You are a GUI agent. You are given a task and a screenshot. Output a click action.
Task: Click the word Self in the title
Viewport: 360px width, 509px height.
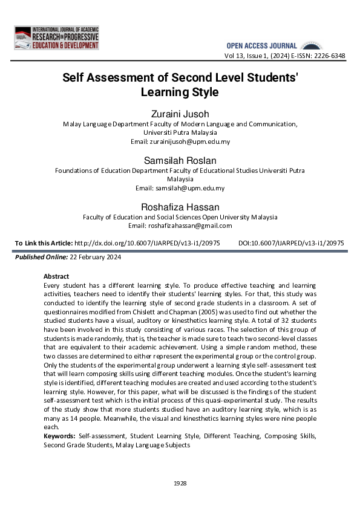75,79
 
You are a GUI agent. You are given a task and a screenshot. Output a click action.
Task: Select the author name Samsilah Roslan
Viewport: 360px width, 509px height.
180,160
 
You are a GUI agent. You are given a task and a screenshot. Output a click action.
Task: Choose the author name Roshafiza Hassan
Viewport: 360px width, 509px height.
180,206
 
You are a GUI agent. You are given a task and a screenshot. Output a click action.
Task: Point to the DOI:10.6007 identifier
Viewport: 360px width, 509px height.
292,243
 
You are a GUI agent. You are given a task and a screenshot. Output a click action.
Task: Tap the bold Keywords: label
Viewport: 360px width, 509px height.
59,436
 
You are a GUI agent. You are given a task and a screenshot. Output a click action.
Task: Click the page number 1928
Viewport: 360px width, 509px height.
180,483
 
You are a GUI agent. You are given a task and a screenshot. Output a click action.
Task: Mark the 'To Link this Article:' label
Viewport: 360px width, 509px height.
43,243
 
